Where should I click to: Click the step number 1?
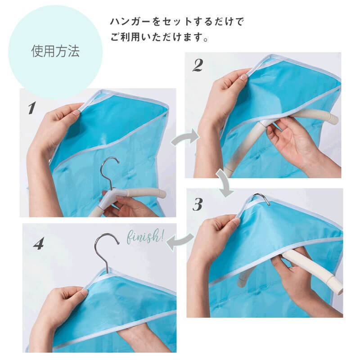point(32,108)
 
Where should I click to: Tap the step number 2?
point(198,65)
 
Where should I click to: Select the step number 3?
point(198,204)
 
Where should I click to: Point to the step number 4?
point(38,243)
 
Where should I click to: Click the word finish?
point(145,236)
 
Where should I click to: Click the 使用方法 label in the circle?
point(55,51)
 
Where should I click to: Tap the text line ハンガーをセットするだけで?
point(176,22)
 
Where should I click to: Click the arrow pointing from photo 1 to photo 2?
point(185,137)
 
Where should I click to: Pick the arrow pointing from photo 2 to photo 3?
point(225,183)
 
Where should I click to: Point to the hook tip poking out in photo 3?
point(262,198)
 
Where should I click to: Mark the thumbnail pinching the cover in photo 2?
point(243,77)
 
